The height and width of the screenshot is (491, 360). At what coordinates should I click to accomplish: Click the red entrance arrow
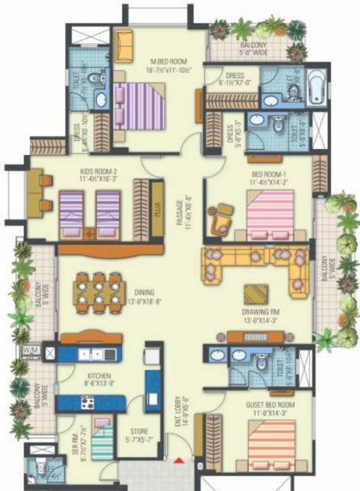(181, 460)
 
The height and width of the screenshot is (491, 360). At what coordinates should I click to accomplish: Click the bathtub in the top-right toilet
(317, 88)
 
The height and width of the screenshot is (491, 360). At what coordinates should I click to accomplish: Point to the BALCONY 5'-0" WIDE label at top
(254, 49)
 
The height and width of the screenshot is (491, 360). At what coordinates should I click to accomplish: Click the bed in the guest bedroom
(272, 444)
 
